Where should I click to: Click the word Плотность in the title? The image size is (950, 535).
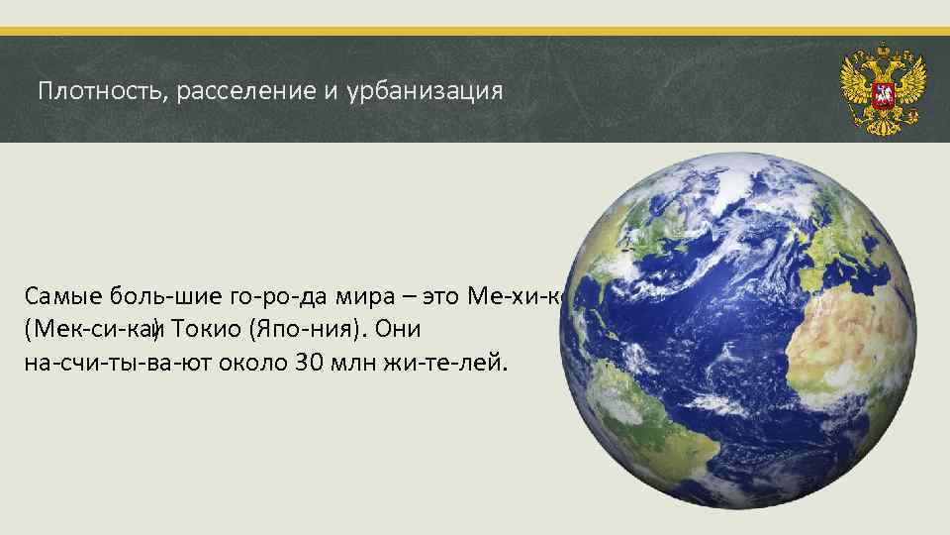click(x=93, y=92)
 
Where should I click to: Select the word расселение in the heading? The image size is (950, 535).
click(x=236, y=92)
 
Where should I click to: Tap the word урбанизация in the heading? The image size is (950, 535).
click(x=426, y=92)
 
